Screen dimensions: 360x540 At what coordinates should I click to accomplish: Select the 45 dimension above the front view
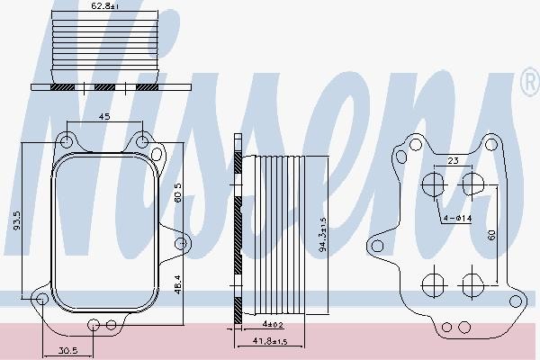104,115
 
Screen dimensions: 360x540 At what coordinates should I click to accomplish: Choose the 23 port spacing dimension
454,160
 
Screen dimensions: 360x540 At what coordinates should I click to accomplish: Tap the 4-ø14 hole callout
456,219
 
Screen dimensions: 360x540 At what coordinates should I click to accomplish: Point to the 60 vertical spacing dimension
491,234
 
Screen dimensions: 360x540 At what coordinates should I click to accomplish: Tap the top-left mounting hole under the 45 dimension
66,141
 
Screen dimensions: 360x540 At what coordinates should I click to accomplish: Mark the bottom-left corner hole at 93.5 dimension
40,299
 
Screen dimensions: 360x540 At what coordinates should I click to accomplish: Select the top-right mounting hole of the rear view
490,143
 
